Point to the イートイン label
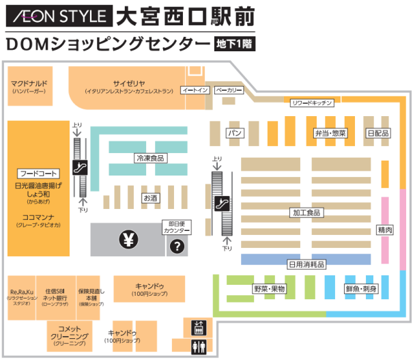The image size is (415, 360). click(195, 89)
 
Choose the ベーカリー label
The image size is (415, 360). click(229, 89)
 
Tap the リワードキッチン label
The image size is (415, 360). click(311, 102)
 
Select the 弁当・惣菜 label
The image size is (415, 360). click(330, 132)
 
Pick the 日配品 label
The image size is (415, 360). click(377, 132)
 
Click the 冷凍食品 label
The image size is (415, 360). click(151, 158)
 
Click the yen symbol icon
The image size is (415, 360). click(128, 239)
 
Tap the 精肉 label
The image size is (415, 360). click(384, 230)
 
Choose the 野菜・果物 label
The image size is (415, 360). click(270, 288)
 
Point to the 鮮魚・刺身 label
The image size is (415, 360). click(362, 288)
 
